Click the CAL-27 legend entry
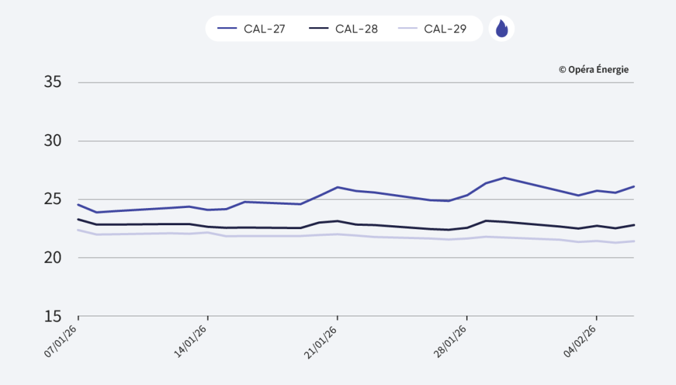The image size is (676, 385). pyautogui.click(x=252, y=29)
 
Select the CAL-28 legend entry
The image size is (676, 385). pyautogui.click(x=343, y=29)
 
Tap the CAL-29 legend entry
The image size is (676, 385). pyautogui.click(x=432, y=29)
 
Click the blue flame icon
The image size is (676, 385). pyautogui.click(x=502, y=29)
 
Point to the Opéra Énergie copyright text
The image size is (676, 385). pyautogui.click(x=593, y=69)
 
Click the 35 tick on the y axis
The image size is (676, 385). pyautogui.click(x=53, y=83)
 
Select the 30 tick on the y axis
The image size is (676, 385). pyautogui.click(x=53, y=141)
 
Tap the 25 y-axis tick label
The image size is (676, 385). pyautogui.click(x=53, y=199)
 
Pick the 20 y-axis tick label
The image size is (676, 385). pyautogui.click(x=53, y=258)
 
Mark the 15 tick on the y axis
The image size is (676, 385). pyautogui.click(x=53, y=316)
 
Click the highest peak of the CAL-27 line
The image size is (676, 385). pyautogui.click(x=504, y=178)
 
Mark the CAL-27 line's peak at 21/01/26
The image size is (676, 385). pyautogui.click(x=337, y=187)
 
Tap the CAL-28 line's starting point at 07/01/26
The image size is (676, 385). pyautogui.click(x=79, y=219)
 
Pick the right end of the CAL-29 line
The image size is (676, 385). pyautogui.click(x=634, y=241)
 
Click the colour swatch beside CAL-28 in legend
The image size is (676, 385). pyautogui.click(x=320, y=29)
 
